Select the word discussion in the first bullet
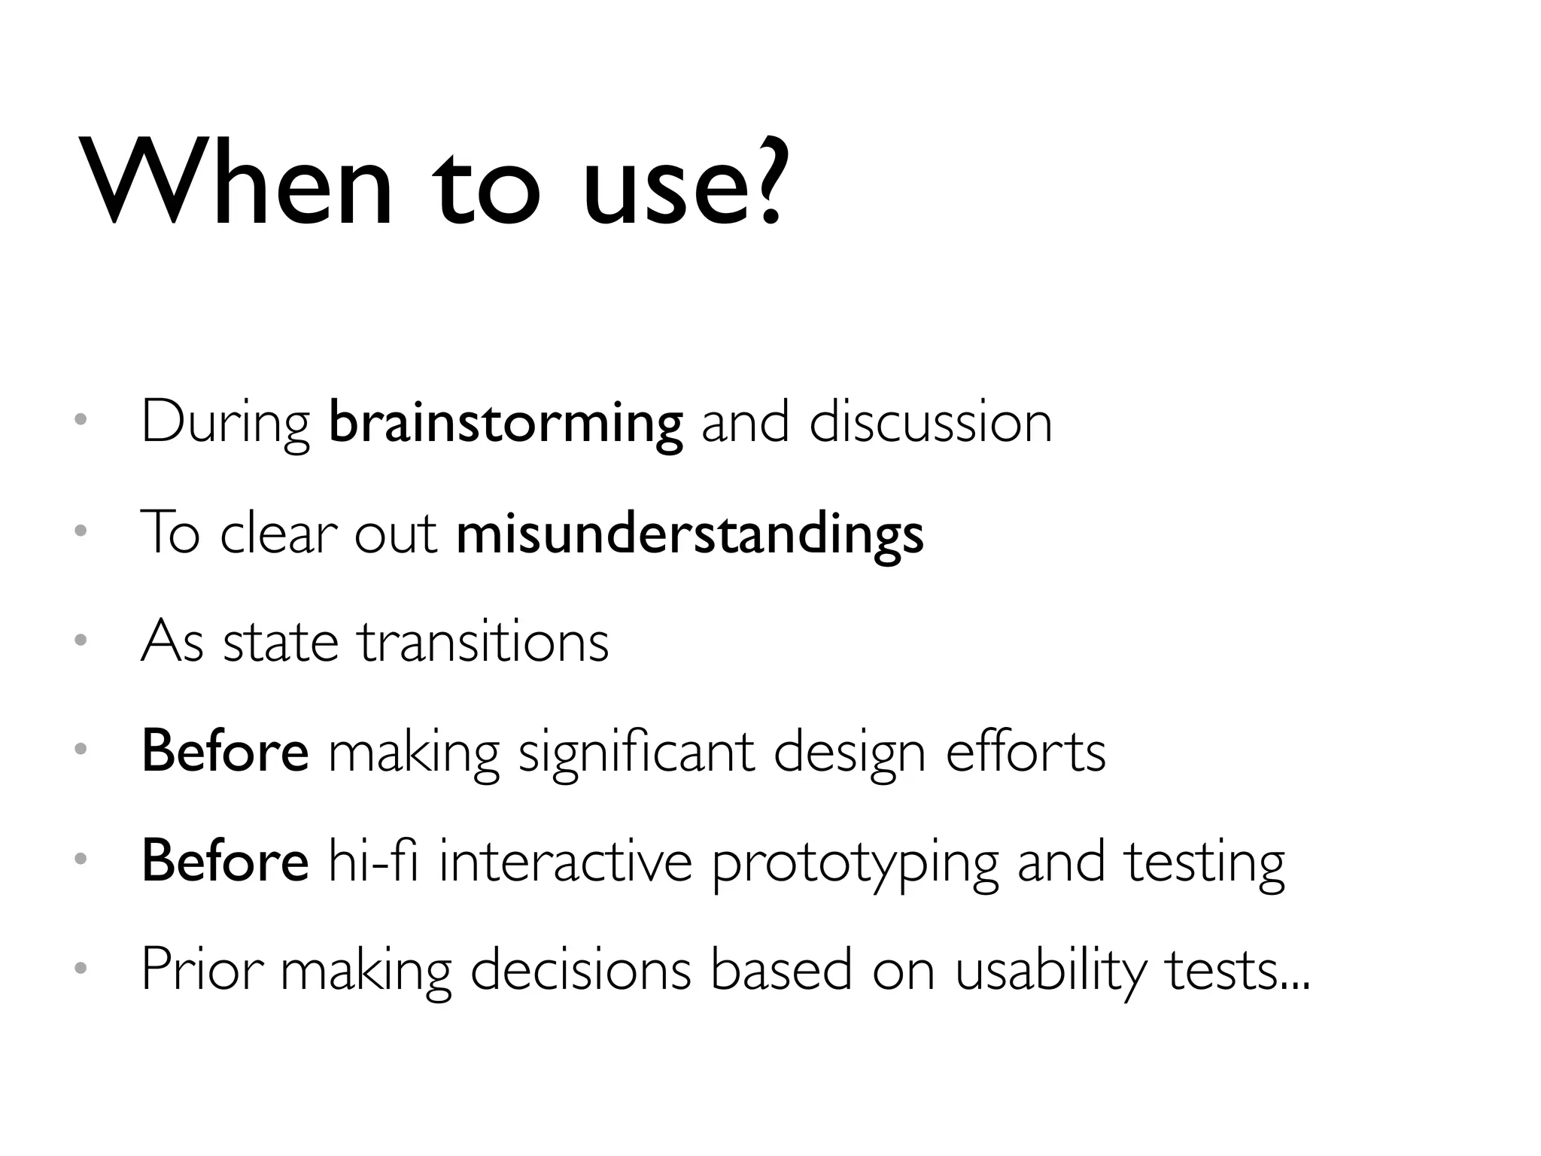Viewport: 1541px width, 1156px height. [930, 422]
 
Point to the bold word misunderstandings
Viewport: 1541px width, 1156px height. [689, 534]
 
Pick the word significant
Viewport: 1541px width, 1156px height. [637, 753]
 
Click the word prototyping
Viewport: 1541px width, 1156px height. [855, 863]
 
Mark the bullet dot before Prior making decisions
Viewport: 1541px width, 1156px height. [81, 967]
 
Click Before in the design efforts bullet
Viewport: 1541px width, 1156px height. [225, 751]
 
